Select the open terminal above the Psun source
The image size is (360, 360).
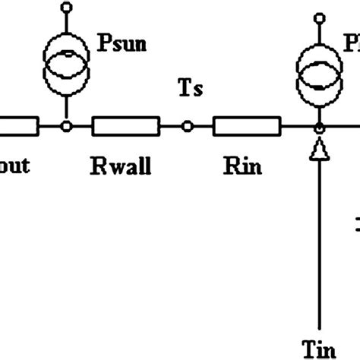[x=67, y=8]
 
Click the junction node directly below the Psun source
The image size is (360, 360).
[x=67, y=126]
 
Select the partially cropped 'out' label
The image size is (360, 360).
[x=14, y=166]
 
